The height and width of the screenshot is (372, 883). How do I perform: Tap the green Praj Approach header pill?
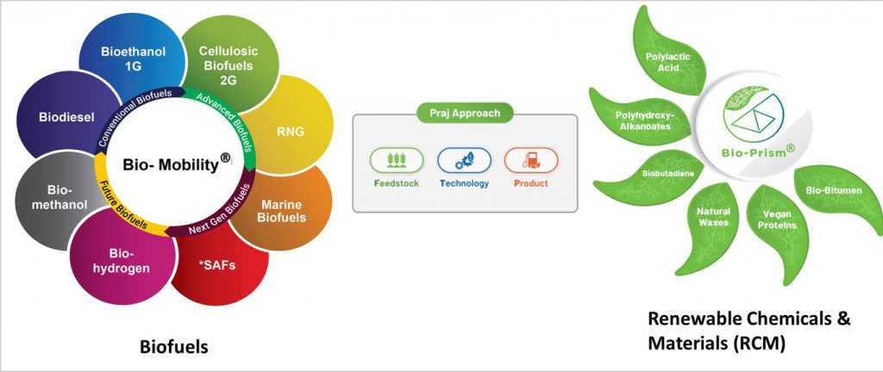tap(465, 112)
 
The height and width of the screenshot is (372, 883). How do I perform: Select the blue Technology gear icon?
tap(464, 159)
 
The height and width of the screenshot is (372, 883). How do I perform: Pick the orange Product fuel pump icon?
tap(531, 159)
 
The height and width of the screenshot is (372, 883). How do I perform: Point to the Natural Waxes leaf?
tap(713, 217)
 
